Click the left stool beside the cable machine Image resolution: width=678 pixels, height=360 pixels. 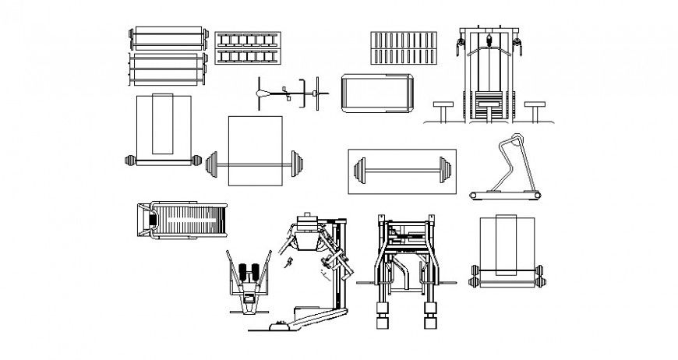(x=443, y=109)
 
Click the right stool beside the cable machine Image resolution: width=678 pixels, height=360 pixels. (x=534, y=109)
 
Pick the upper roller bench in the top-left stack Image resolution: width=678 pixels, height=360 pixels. (x=168, y=39)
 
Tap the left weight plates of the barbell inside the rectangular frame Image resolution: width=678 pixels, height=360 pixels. (x=359, y=169)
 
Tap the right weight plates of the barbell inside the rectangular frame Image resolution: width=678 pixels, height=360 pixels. (x=445, y=169)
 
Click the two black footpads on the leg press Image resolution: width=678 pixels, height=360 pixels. (x=249, y=274)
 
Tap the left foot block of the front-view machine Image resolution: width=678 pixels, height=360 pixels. (x=382, y=320)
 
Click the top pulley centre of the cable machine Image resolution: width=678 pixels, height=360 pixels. (x=489, y=38)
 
